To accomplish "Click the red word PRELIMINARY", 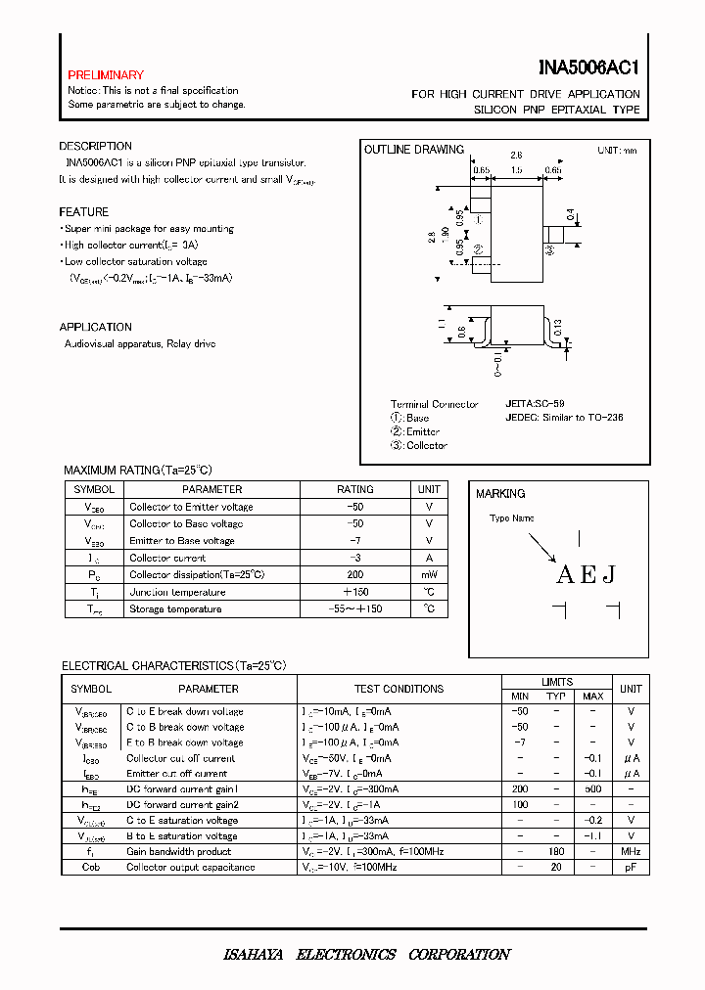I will coord(105,75).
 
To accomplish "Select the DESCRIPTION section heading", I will coord(95,147).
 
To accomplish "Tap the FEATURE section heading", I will coord(83,212).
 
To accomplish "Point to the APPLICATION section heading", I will coord(95,328).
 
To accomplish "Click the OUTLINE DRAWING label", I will coord(413,150).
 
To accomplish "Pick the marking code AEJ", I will coord(586,575).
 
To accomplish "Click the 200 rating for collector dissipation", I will coord(354,575).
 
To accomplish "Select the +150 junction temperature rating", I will coord(354,592).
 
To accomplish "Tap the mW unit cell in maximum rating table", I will coord(429,575).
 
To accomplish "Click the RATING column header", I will coord(354,489).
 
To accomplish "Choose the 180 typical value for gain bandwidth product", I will coord(555,851).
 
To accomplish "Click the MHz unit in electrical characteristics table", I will coord(632,851).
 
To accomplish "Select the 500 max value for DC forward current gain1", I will coord(592,788).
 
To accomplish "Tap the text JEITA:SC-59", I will coord(535,403).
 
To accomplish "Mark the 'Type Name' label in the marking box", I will coord(511,518).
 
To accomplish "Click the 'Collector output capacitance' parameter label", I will coord(190,867).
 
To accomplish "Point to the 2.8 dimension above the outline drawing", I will coord(516,156).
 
